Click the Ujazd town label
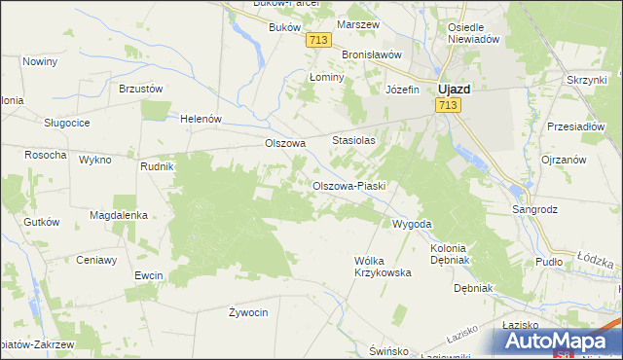click(453, 88)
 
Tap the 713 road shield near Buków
click(317, 40)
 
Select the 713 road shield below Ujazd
click(449, 105)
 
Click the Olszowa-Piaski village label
click(349, 186)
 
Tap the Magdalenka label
click(118, 215)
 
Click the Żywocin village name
click(247, 312)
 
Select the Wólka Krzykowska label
click(383, 267)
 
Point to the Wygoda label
click(411, 224)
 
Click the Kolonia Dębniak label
click(449, 255)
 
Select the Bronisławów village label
click(369, 54)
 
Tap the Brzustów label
click(140, 88)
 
